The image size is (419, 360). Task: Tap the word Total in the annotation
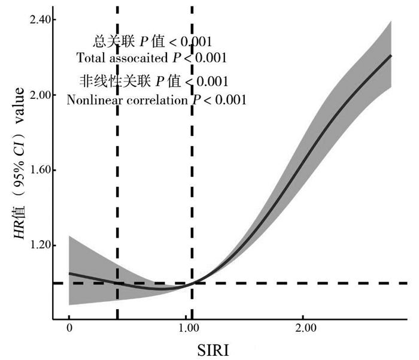[x=90, y=58]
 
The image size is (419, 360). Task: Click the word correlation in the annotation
[x=158, y=99]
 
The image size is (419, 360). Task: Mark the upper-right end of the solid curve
[x=391, y=55]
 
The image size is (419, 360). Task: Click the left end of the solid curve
[x=69, y=273]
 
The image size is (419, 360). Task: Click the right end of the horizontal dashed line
[x=408, y=283]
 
